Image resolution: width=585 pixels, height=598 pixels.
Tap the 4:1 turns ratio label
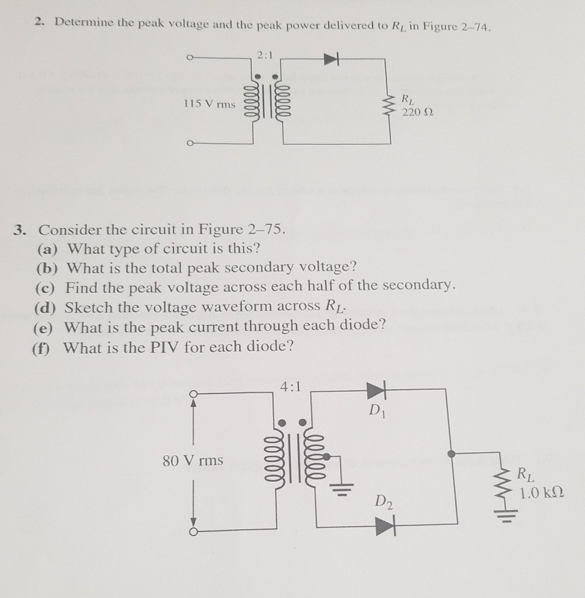(291, 386)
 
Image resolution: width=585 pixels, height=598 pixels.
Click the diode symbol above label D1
(377, 389)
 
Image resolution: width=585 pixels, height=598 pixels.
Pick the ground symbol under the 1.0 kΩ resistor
(505, 515)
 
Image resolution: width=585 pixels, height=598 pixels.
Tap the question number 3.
(20, 230)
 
